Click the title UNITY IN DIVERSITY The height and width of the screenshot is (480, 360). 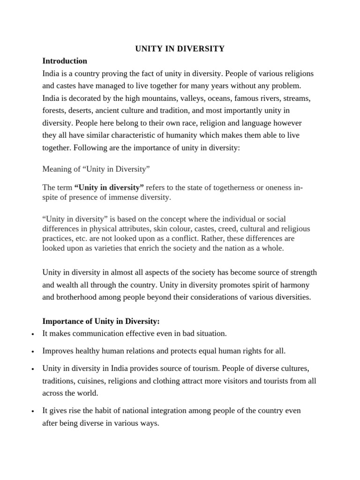pos(180,49)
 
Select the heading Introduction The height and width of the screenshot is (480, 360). pos(65,61)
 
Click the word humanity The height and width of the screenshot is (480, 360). pos(180,135)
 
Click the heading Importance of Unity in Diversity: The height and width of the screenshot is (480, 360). pos(101,321)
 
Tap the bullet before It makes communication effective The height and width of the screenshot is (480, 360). pos(32,334)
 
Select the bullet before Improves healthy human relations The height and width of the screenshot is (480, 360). pos(32,351)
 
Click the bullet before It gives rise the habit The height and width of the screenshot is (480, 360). pos(32,411)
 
